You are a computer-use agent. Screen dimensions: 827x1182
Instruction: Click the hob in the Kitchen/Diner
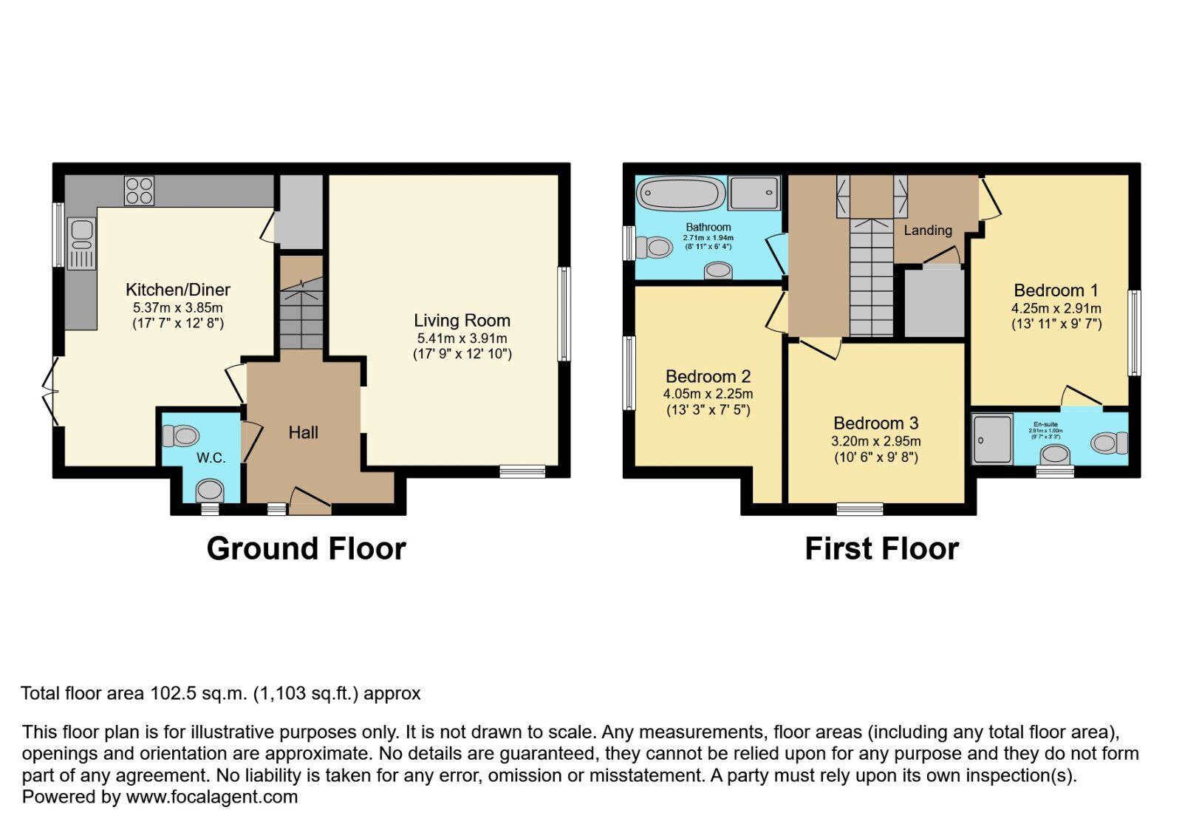[139, 190]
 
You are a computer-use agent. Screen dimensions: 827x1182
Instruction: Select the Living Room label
[462, 321]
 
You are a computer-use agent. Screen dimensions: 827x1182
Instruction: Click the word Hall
[303, 433]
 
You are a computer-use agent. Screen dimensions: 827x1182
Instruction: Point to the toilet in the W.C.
[181, 436]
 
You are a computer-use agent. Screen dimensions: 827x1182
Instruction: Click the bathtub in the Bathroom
[681, 194]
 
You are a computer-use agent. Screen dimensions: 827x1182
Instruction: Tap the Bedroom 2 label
[708, 377]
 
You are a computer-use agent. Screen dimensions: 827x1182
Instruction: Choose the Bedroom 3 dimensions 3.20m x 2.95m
[875, 441]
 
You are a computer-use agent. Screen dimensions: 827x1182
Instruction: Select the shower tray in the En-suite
[991, 439]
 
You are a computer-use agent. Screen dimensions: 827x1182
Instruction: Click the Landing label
[927, 231]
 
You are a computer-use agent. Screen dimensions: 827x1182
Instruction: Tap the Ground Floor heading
[306, 549]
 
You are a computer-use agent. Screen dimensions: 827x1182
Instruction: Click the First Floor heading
[881, 549]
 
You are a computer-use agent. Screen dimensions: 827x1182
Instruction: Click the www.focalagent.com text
[211, 797]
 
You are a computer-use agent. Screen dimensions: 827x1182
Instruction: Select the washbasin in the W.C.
[211, 489]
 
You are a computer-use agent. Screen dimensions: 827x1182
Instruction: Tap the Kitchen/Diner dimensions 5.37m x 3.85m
[177, 307]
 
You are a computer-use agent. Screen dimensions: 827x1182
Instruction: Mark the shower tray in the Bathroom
[754, 194]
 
